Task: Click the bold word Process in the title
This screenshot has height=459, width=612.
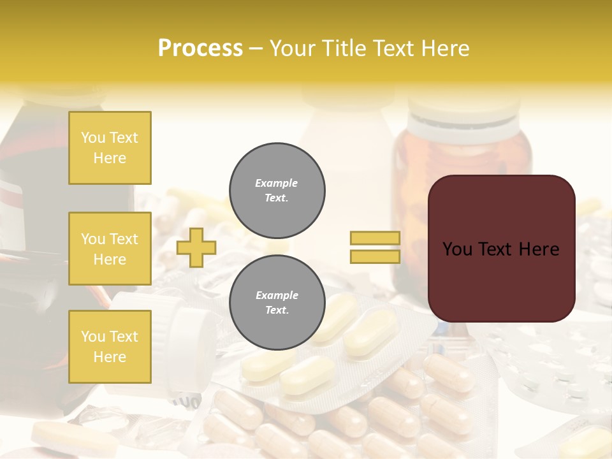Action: click(200, 48)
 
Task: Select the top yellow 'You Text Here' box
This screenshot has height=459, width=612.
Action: click(110, 148)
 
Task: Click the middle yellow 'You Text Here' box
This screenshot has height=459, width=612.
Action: click(110, 249)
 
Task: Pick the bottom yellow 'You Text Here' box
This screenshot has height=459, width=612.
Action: click(110, 346)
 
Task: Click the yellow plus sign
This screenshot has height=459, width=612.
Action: click(196, 247)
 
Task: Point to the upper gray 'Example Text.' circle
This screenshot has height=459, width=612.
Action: click(277, 191)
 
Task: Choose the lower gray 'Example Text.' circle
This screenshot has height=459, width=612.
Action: click(277, 303)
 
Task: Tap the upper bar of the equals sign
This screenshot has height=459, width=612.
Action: click(375, 238)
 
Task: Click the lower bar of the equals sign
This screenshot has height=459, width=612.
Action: click(375, 256)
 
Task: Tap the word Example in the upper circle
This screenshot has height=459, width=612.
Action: click(277, 183)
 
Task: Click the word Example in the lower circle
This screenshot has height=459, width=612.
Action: click(277, 295)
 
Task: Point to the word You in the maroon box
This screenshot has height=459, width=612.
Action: click(457, 249)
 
